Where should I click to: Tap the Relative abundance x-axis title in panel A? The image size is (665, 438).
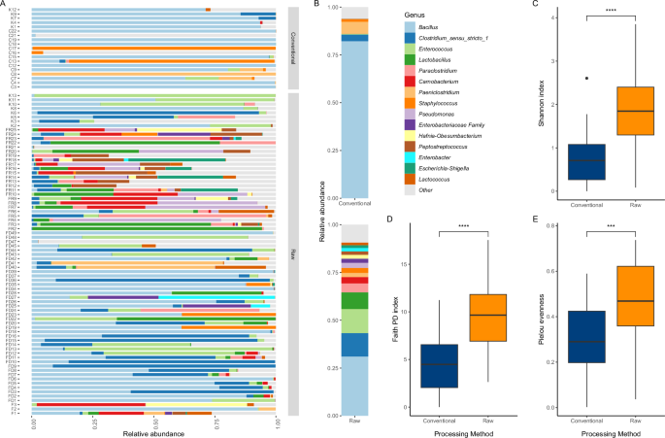(155, 431)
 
